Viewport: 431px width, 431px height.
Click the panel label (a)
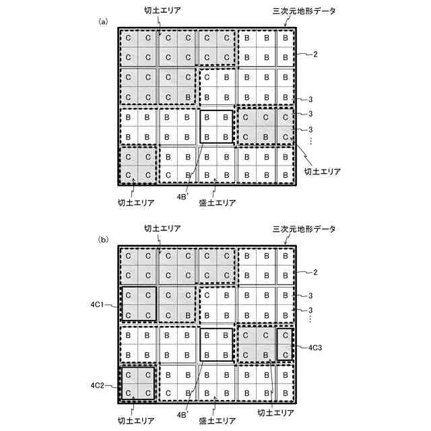[x=103, y=22]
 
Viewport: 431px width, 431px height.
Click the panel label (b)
[x=103, y=238]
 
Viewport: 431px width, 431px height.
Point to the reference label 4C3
[x=318, y=348]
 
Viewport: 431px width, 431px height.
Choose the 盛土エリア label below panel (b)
[x=217, y=420]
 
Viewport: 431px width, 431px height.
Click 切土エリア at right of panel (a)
[x=322, y=172]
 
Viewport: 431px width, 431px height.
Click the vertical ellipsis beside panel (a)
[x=310, y=140]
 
